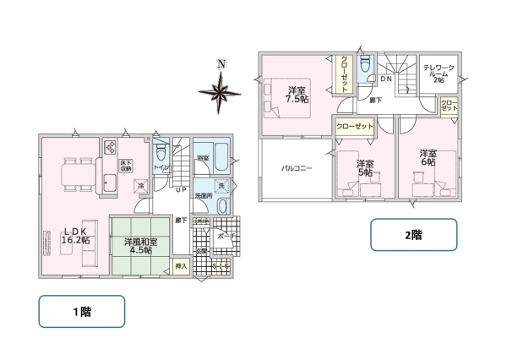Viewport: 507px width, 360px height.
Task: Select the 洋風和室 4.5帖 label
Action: [139, 245]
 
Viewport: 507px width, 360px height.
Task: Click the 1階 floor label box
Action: [82, 312]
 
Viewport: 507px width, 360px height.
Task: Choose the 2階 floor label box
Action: [413, 235]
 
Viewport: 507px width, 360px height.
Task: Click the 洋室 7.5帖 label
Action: [297, 95]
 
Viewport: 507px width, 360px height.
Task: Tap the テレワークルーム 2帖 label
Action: [438, 73]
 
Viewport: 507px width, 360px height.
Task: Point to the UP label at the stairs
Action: [181, 189]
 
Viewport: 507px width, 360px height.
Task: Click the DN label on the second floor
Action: [384, 79]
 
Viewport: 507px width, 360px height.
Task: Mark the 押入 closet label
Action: [180, 266]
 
